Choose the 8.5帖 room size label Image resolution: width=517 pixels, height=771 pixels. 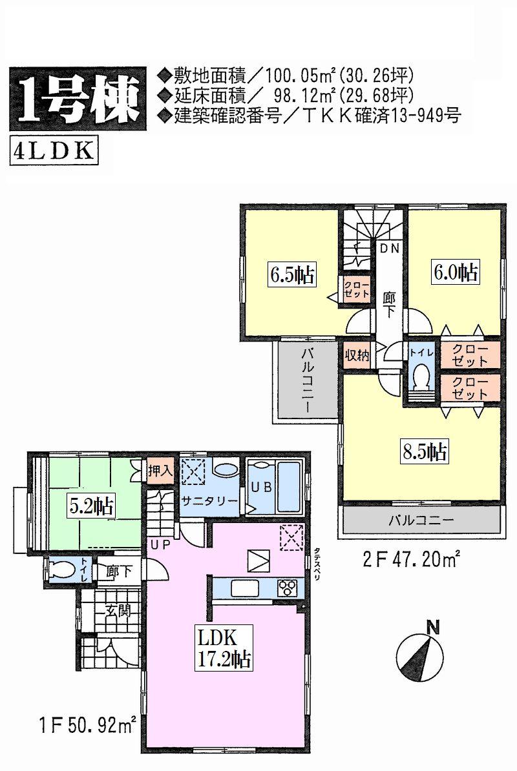424,451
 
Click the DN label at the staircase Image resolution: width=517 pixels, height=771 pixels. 388,249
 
